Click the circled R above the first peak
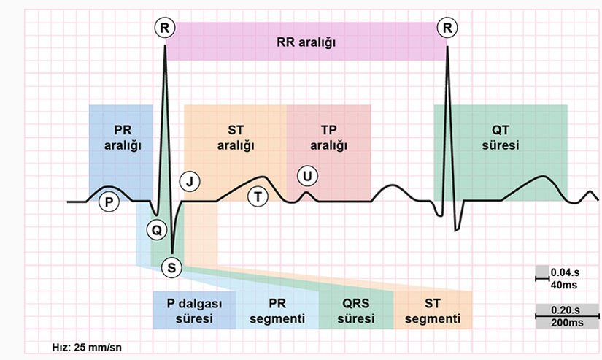[166, 28]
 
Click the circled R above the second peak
[446, 28]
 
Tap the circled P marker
[109, 202]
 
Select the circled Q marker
[155, 229]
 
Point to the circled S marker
[171, 267]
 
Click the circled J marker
[190, 181]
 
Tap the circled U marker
[307, 175]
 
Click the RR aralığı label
[306, 42]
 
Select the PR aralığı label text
[122, 137]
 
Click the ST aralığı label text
[236, 137]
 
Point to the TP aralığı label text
[328, 137]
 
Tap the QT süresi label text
[500, 137]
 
